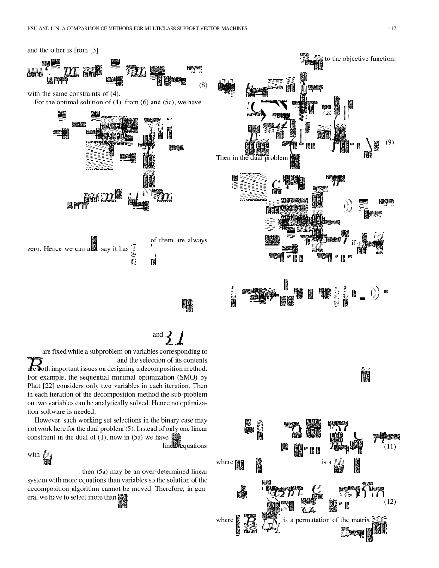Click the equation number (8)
coord(203,85)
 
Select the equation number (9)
coord(390,142)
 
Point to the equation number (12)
coord(390,502)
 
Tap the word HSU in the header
coord(34,29)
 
